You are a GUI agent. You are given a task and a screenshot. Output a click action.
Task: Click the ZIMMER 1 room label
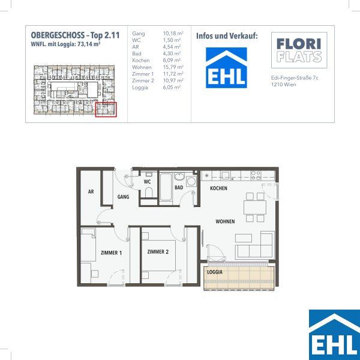coord(112,253)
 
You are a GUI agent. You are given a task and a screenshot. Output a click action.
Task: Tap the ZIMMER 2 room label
coord(158,252)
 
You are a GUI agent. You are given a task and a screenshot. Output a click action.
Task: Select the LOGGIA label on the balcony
coord(215,272)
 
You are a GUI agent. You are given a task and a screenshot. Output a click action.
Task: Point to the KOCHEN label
coord(218,188)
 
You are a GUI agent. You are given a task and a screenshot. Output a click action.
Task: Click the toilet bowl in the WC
coord(149,193)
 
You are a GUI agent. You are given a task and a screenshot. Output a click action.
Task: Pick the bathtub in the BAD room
coord(166,187)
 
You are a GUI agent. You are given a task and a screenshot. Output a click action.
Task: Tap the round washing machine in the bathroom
coord(191,182)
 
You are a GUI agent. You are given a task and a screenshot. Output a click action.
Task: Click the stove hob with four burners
coord(256,175)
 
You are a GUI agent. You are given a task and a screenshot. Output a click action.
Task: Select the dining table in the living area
coord(255,208)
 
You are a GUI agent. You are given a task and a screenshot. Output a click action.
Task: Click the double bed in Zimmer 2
coord(158,256)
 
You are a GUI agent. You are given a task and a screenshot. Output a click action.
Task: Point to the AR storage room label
coord(91,191)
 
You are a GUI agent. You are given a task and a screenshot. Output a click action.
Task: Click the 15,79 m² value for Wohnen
coord(173,67)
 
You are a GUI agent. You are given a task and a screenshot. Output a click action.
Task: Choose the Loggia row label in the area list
coord(140,88)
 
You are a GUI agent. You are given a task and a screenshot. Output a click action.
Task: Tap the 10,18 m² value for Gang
coord(173,33)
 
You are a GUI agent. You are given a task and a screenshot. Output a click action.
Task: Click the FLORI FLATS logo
coord(299,50)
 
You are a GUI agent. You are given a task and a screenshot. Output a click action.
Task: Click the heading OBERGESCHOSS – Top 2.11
coord(76,35)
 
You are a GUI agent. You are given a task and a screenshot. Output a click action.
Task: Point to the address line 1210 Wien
coord(284,85)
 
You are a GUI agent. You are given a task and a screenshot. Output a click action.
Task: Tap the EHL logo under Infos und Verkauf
coord(226,68)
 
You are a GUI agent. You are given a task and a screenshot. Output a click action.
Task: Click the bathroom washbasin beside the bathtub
coord(179,177)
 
